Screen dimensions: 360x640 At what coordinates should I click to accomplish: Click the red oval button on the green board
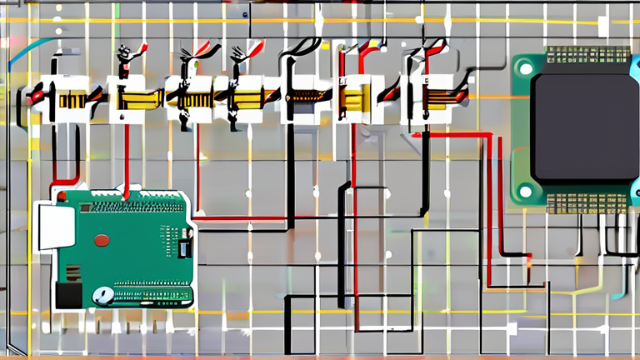pyautogui.click(x=102, y=240)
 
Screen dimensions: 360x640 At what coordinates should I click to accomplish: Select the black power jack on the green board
pyautogui.click(x=68, y=295)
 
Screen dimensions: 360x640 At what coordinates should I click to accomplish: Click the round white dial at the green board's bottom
pyautogui.click(x=102, y=295)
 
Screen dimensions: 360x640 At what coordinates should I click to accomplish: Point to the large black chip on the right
pyautogui.click(x=585, y=126)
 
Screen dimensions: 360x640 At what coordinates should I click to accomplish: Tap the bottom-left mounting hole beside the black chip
pyautogui.click(x=525, y=191)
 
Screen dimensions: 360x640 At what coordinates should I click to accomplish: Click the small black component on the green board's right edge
pyautogui.click(x=185, y=247)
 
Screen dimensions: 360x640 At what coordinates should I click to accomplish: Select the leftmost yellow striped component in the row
pyautogui.click(x=71, y=99)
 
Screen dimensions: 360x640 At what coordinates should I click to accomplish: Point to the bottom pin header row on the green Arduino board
pyautogui.click(x=150, y=295)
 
